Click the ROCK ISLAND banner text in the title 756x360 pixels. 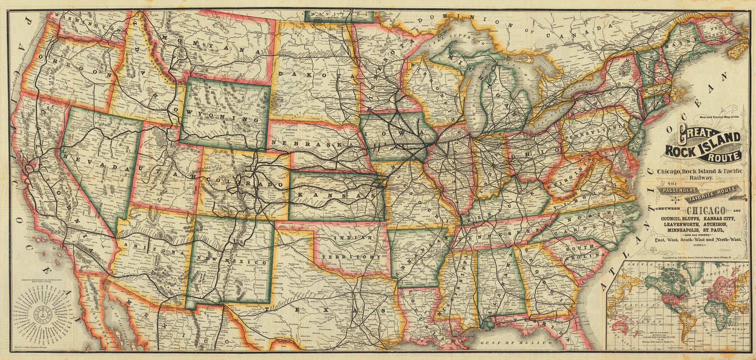703,150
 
